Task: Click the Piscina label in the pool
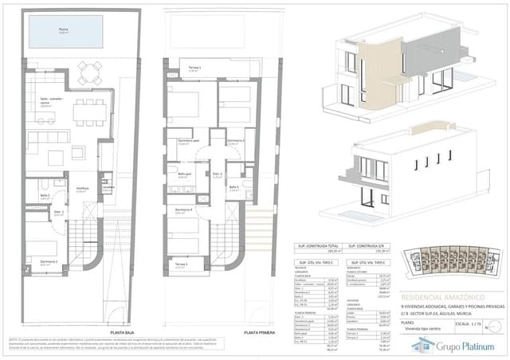(64, 31)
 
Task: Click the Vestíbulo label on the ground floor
(81, 190)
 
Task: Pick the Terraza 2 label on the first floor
(181, 265)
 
